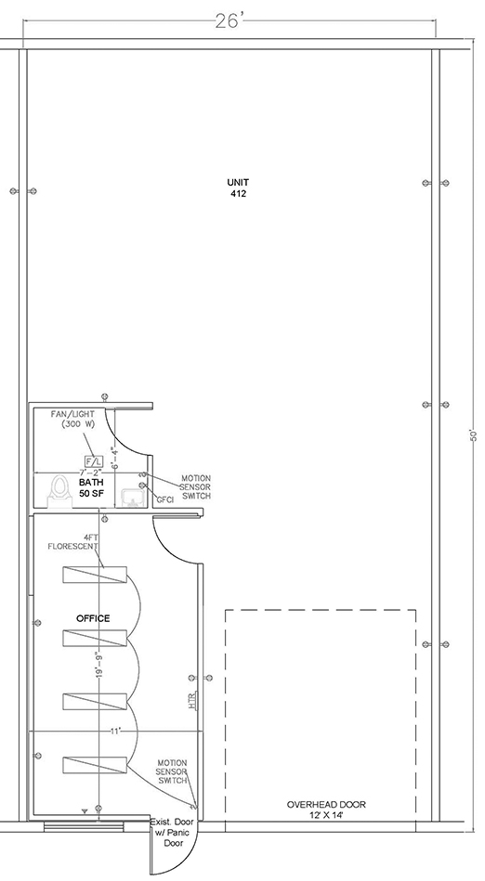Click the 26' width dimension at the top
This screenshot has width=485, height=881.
(229, 20)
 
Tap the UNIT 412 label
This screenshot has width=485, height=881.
(238, 188)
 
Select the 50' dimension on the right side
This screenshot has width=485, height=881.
(473, 435)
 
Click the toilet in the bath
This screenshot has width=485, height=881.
(59, 491)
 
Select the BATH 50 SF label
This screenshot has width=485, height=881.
(91, 487)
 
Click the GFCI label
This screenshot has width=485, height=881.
(164, 499)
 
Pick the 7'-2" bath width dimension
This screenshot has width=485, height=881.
(90, 473)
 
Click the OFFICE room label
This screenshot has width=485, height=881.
(93, 618)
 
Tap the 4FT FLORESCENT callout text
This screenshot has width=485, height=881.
(73, 541)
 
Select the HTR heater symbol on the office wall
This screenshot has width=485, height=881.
(193, 701)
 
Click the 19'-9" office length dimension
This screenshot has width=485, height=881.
(99, 664)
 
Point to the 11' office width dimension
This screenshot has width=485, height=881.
(115, 731)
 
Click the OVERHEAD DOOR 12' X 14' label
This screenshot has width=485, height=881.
(326, 810)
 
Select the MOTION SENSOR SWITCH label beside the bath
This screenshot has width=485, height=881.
(195, 487)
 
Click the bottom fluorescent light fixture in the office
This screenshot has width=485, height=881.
(95, 765)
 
